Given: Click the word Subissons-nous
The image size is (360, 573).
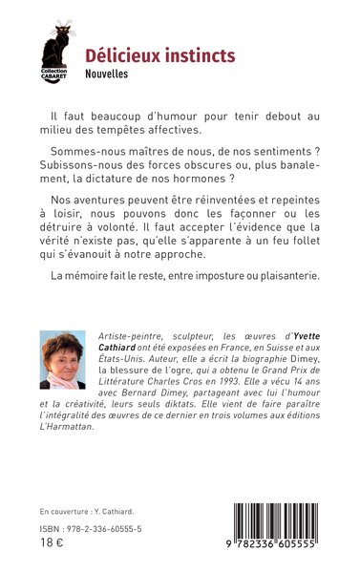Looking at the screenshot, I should pos(83,165).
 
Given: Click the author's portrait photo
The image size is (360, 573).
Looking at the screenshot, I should pos(62,360).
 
